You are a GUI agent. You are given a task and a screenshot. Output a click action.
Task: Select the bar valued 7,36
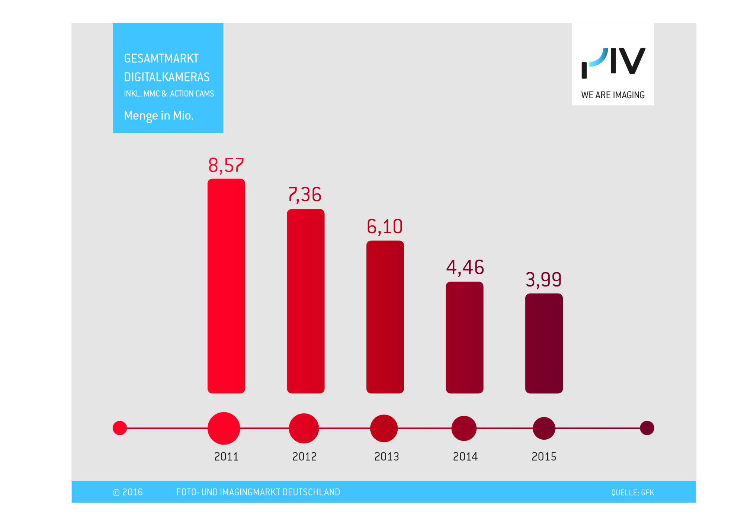pyautogui.click(x=305, y=301)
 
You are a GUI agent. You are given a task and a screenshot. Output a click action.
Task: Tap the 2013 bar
pyautogui.click(x=385, y=317)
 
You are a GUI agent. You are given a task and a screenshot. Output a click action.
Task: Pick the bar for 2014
pyautogui.click(x=464, y=337)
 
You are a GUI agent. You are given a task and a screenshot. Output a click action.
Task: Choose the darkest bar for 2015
pyautogui.click(x=544, y=343)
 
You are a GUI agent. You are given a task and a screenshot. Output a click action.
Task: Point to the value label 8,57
pyautogui.click(x=226, y=165)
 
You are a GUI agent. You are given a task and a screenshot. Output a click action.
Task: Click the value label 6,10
pyautogui.click(x=385, y=227)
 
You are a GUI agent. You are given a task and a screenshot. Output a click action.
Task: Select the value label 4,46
pyautogui.click(x=465, y=267)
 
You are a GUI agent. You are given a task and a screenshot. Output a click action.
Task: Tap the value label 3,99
pyautogui.click(x=543, y=279)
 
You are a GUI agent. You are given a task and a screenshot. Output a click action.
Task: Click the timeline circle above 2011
pyautogui.click(x=224, y=428)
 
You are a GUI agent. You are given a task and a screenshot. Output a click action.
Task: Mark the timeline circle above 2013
pyautogui.click(x=384, y=428)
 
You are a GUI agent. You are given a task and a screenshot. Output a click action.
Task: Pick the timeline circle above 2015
pyautogui.click(x=544, y=428)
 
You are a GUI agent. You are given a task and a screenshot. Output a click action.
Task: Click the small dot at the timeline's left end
pyautogui.click(x=120, y=428)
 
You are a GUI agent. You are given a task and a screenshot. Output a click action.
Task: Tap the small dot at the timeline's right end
pyautogui.click(x=647, y=428)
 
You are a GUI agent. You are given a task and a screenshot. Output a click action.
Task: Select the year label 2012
pyautogui.click(x=304, y=456)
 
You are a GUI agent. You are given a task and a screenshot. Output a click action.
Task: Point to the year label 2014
pyautogui.click(x=465, y=456)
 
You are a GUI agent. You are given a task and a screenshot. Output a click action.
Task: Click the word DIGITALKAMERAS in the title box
pyautogui.click(x=167, y=77)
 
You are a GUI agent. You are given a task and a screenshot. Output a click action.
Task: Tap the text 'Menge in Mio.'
pyautogui.click(x=159, y=116)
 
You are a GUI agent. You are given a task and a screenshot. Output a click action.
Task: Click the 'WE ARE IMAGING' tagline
pyautogui.click(x=613, y=95)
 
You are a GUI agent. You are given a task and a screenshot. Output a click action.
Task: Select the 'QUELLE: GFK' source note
pyautogui.click(x=632, y=493)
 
